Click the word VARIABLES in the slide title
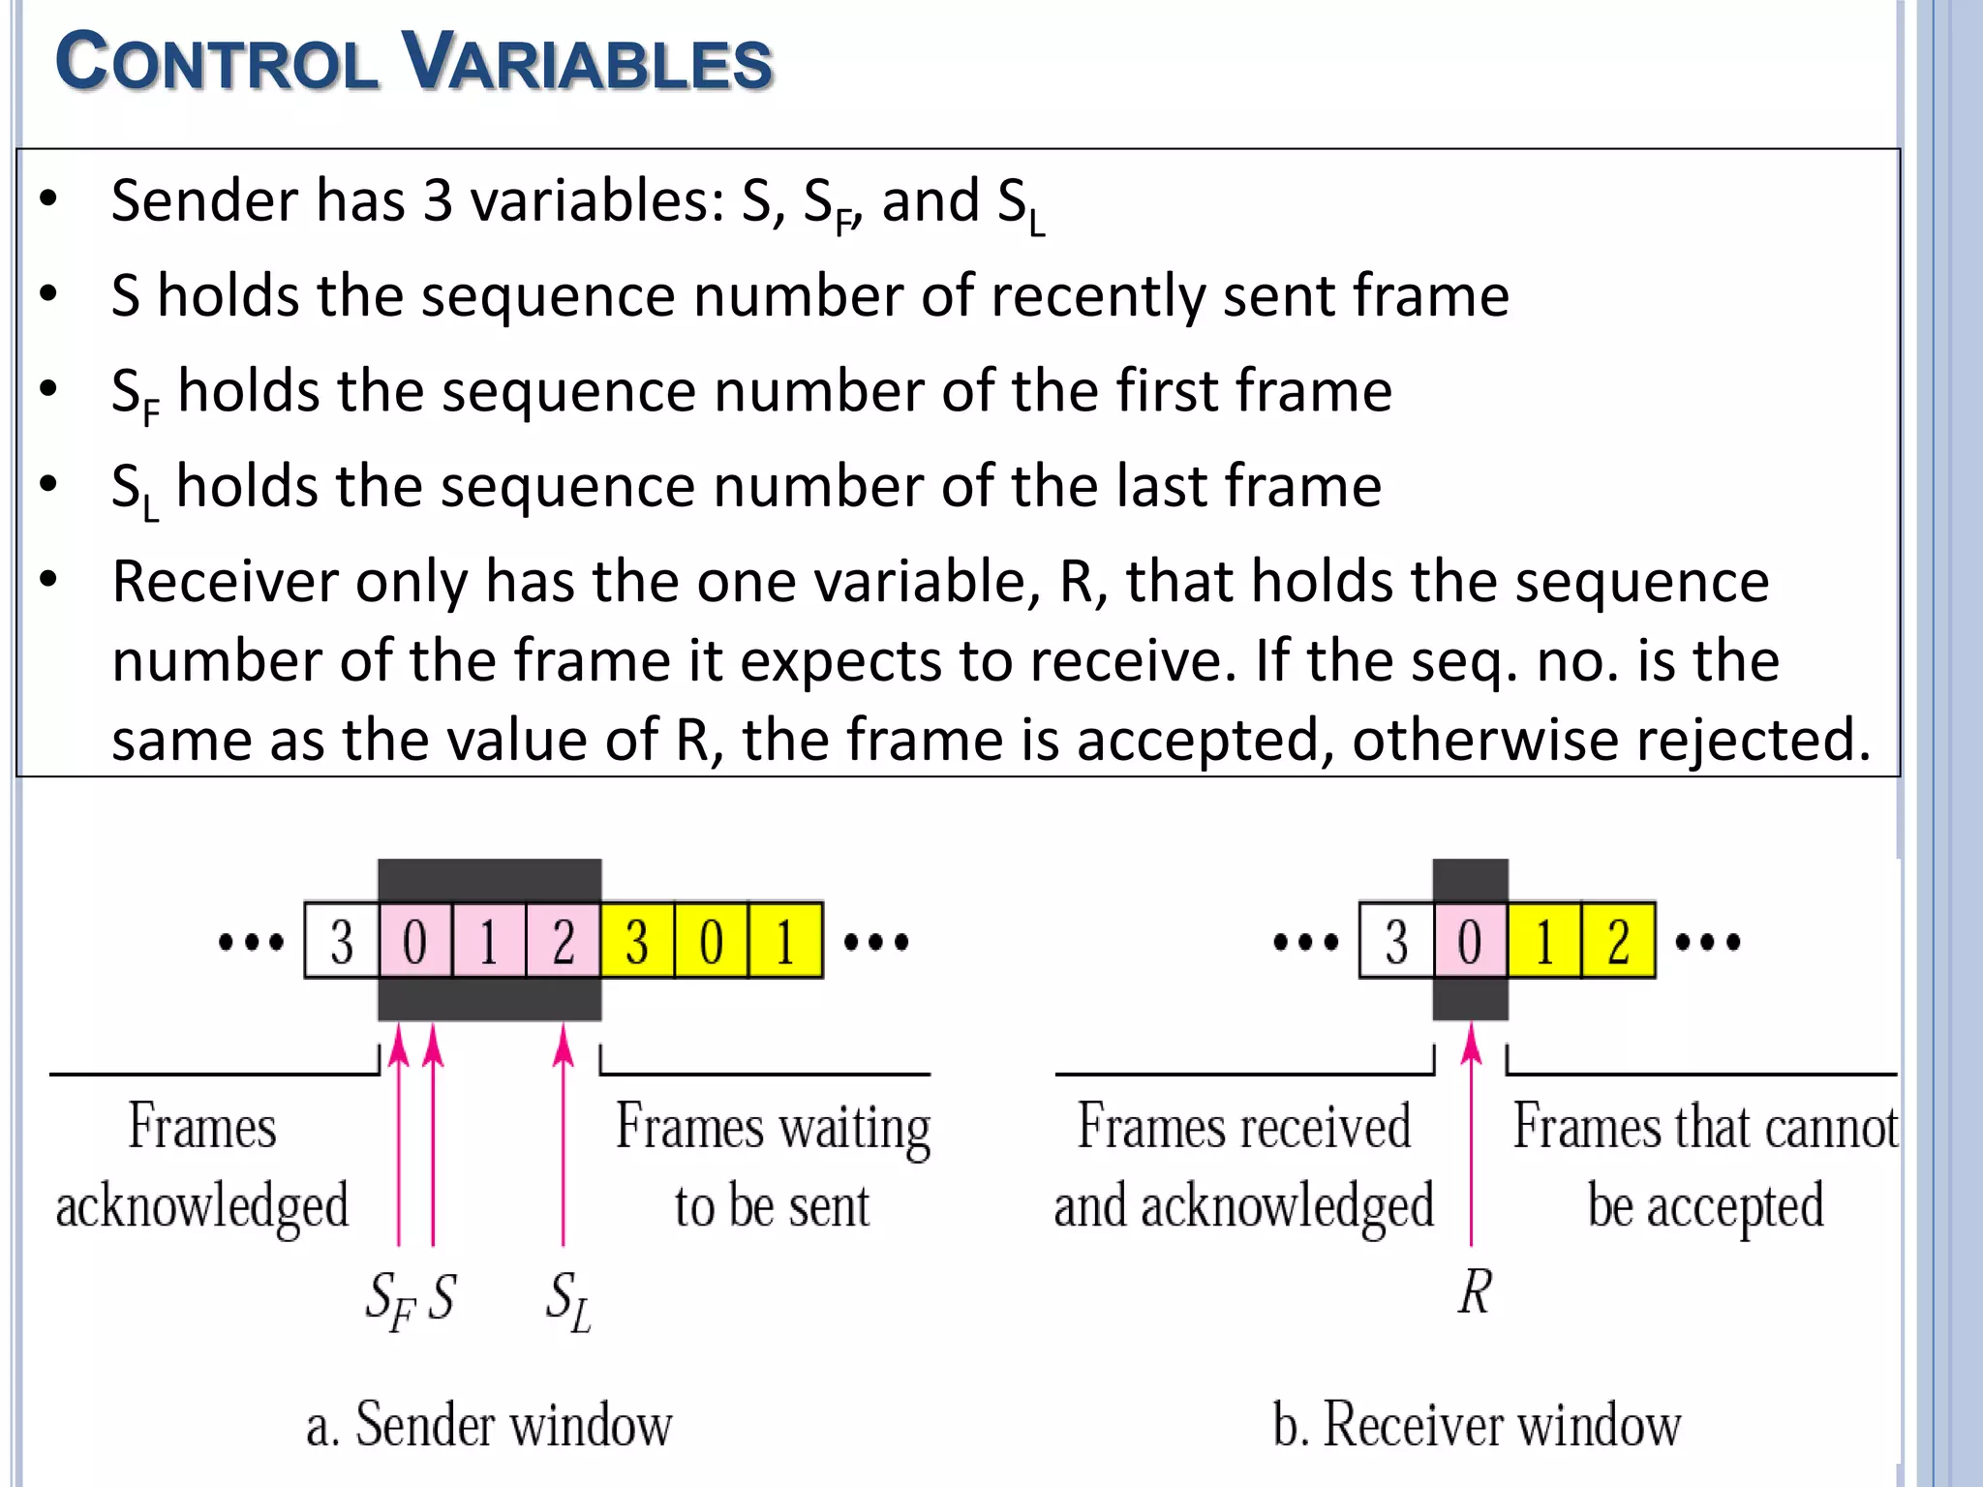[x=587, y=62]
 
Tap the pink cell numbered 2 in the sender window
[x=564, y=941]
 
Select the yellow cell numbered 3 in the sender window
[x=637, y=941]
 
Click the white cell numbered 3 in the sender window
[x=341, y=941]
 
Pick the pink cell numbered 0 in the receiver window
[x=1470, y=941]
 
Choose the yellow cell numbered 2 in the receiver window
[x=1618, y=941]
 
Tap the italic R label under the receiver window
[x=1475, y=1291]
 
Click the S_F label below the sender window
[x=390, y=1300]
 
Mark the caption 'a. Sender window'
[x=489, y=1425]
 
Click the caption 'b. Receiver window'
[x=1477, y=1425]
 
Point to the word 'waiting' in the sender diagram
[x=855, y=1129]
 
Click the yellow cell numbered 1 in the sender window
[x=785, y=941]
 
